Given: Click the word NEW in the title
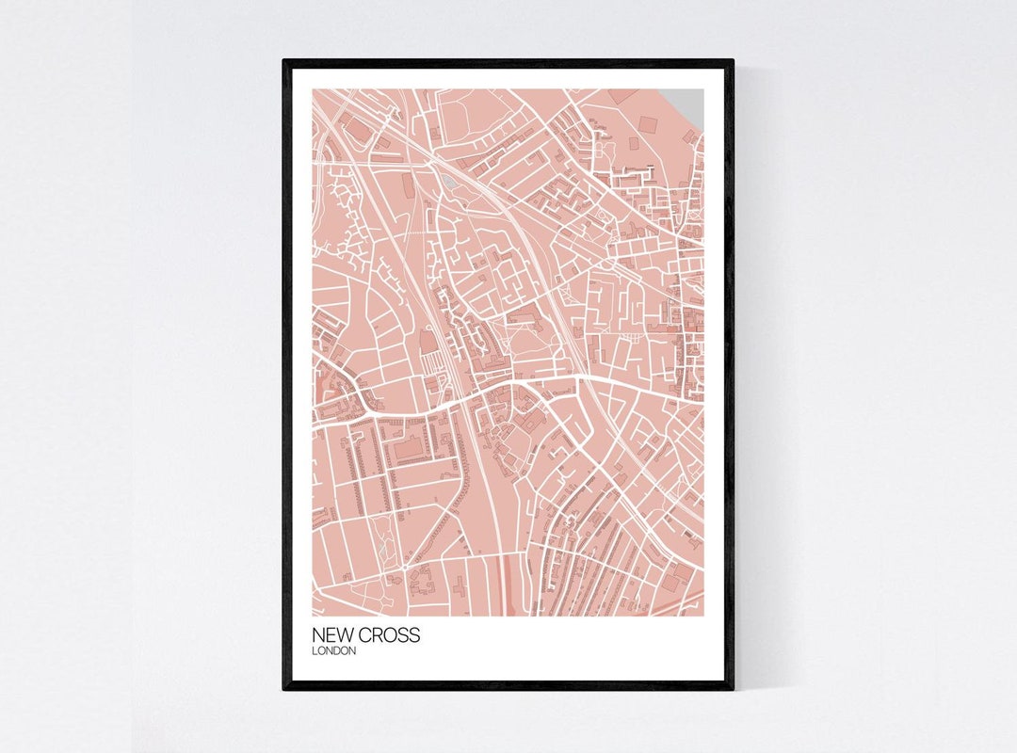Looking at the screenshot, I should (331, 635).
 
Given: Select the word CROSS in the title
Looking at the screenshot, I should (388, 635).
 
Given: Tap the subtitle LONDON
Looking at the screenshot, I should (334, 651).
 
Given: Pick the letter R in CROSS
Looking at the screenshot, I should (379, 635).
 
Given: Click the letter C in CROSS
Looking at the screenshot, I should (365, 635).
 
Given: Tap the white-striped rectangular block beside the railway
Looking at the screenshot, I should (431, 362).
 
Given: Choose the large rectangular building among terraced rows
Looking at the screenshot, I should (409, 450).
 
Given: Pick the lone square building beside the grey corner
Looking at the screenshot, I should (648, 123).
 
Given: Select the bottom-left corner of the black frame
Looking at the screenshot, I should (285, 687).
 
